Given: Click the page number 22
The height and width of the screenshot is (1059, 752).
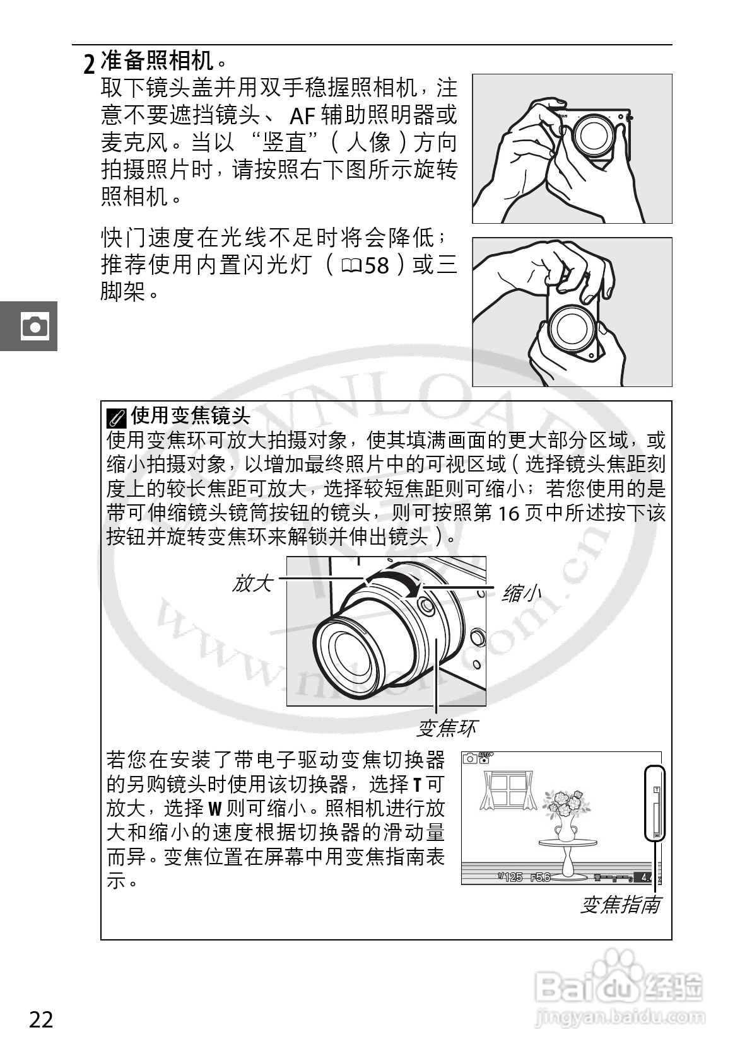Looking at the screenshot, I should pyautogui.click(x=42, y=1019).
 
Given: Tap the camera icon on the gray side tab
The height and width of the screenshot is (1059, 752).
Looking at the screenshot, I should pyautogui.click(x=34, y=326).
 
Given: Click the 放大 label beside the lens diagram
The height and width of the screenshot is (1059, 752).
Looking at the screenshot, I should pyautogui.click(x=252, y=583).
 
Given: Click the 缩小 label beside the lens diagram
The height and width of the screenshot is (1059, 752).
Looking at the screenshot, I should pyautogui.click(x=521, y=593).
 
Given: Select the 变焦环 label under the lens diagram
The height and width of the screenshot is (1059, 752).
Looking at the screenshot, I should pyautogui.click(x=446, y=728).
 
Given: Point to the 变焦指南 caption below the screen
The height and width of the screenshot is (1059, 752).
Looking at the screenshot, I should pyautogui.click(x=620, y=905).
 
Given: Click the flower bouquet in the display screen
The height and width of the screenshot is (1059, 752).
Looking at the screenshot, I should pyautogui.click(x=566, y=803).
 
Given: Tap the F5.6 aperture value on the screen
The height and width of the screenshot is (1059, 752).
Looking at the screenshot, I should pyautogui.click(x=540, y=877).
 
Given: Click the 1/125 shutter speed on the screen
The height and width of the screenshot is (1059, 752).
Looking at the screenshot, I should pyautogui.click(x=510, y=877).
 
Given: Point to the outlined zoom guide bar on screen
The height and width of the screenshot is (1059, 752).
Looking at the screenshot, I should pyautogui.click(x=655, y=802).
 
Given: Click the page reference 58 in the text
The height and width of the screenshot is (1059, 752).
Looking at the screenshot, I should pyautogui.click(x=377, y=265).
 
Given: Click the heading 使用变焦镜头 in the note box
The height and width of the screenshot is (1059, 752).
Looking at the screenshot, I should pyautogui.click(x=190, y=415).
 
